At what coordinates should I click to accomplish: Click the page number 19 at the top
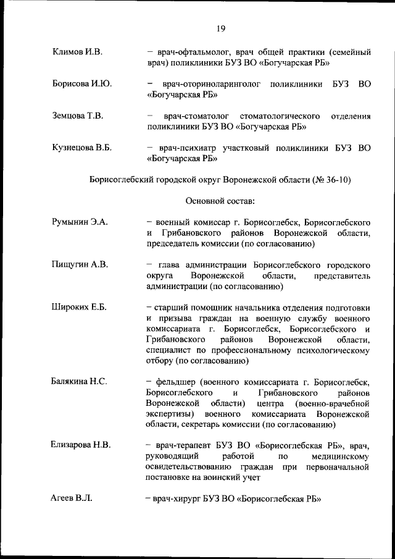click(220, 28)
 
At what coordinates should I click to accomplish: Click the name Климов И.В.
click(77, 51)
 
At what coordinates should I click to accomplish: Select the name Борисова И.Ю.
click(82, 83)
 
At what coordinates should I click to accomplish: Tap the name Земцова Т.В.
click(78, 116)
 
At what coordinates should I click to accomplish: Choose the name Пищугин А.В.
click(80, 264)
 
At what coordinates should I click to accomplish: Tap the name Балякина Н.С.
click(79, 381)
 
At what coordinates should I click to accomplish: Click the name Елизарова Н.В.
click(81, 445)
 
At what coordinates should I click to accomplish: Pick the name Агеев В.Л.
click(72, 498)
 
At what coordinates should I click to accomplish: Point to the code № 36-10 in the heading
click(333, 179)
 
